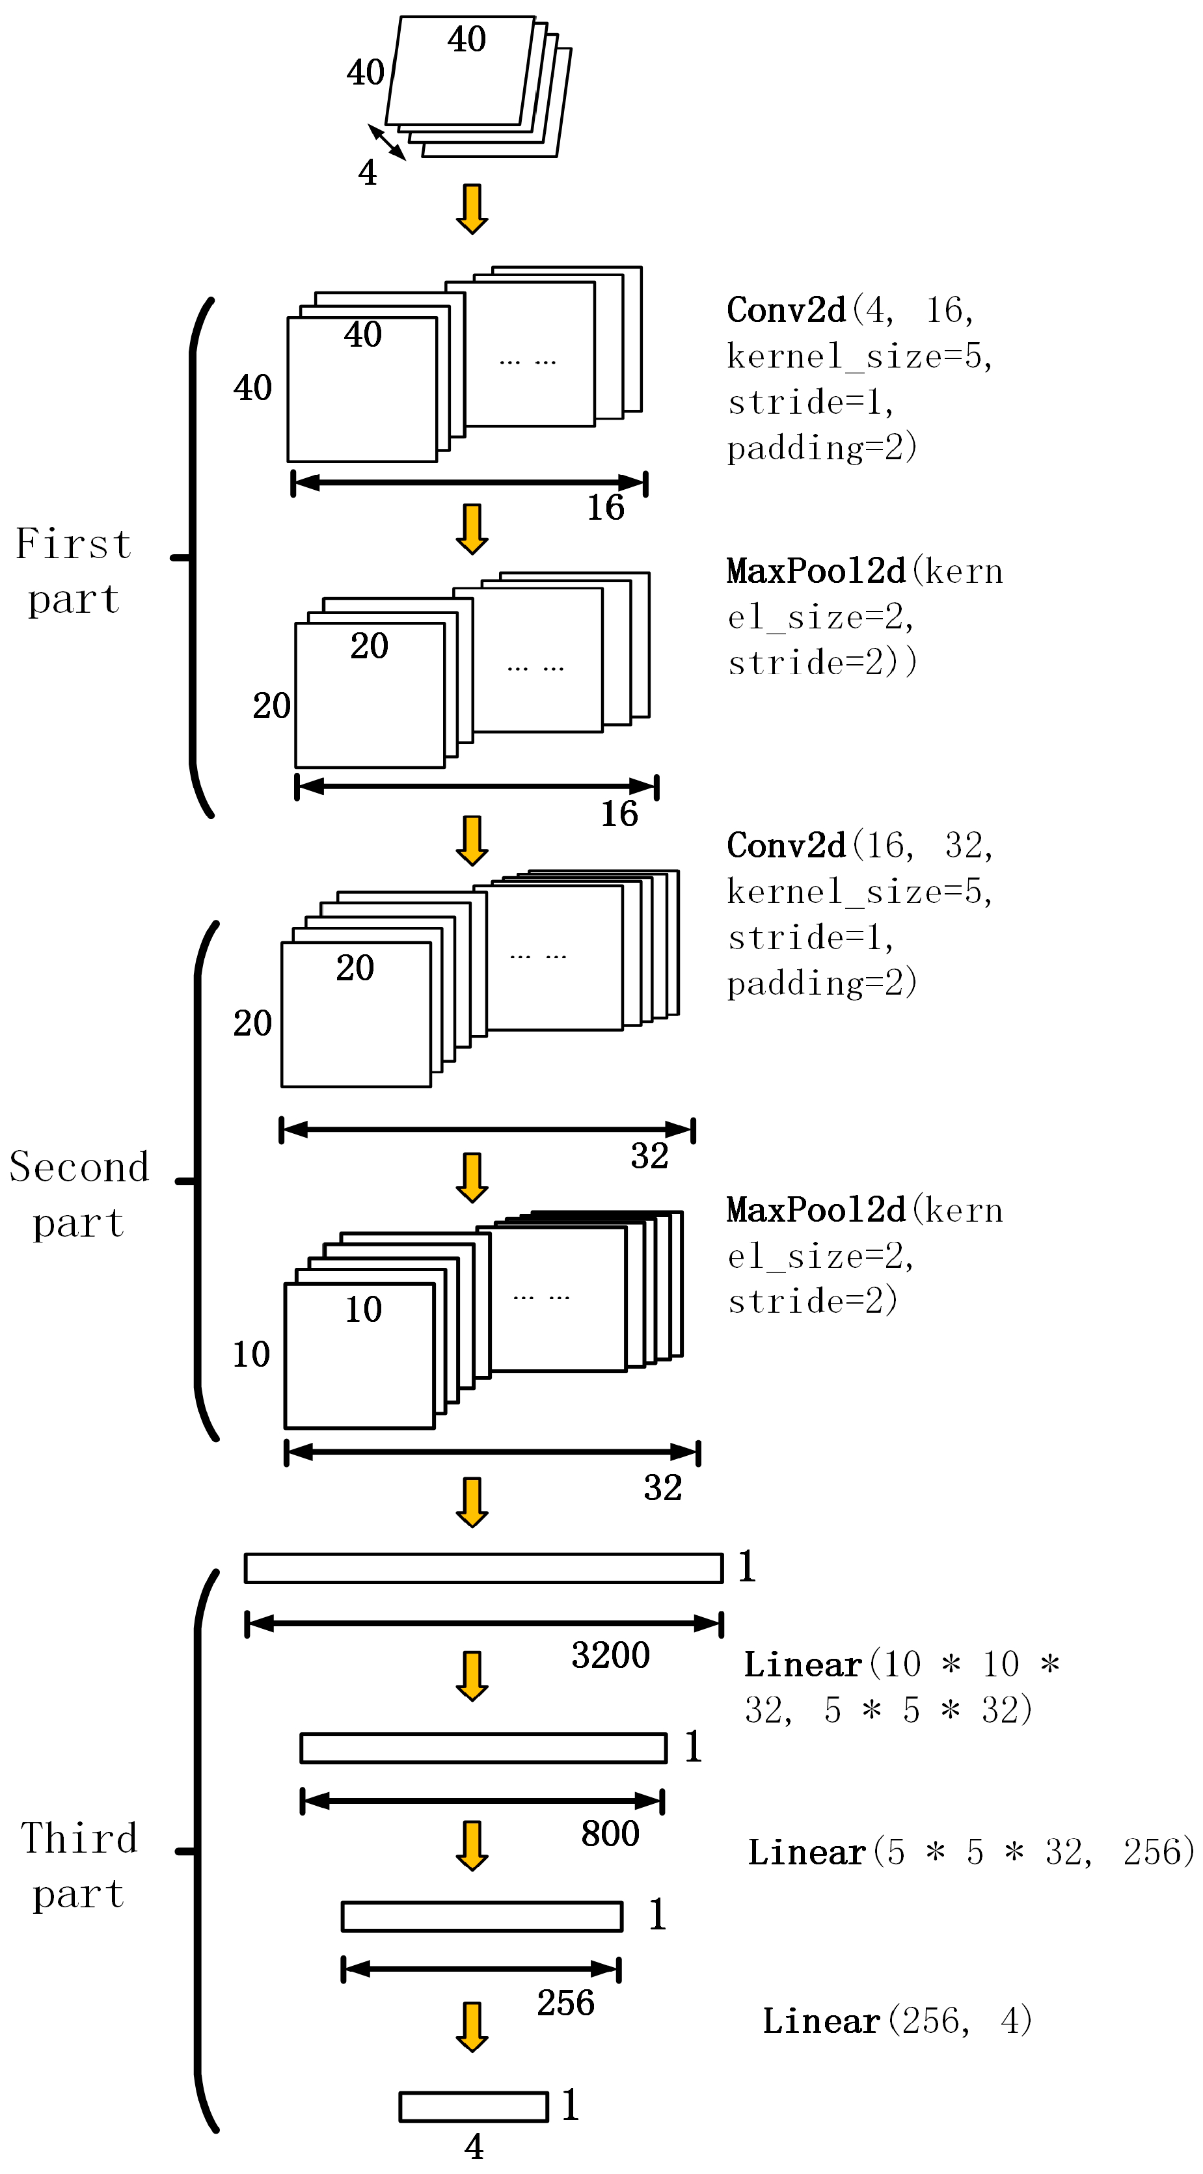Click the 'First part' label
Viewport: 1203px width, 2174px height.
(74, 570)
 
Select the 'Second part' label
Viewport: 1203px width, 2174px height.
(79, 1194)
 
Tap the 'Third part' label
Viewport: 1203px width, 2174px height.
(79, 1865)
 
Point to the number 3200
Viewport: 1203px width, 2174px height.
(610, 1655)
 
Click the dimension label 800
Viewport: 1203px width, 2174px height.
(610, 1834)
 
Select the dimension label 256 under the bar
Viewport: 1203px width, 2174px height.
(565, 2003)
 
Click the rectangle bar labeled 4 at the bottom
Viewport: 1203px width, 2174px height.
(474, 2106)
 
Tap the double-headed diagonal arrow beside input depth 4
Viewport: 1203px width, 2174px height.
(386, 142)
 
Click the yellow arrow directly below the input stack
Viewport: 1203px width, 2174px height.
(472, 208)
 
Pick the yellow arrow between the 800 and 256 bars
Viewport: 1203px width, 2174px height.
(472, 1845)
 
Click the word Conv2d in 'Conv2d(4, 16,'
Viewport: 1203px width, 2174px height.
(786, 310)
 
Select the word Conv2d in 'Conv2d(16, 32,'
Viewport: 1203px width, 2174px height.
(786, 846)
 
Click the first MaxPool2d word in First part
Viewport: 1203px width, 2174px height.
(815, 571)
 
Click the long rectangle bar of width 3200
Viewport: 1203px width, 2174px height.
(483, 1568)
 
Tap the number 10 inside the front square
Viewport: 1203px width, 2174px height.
(363, 1309)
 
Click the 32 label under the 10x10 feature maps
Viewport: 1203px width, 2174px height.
(663, 1487)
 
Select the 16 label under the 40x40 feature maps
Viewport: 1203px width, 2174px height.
(605, 507)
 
